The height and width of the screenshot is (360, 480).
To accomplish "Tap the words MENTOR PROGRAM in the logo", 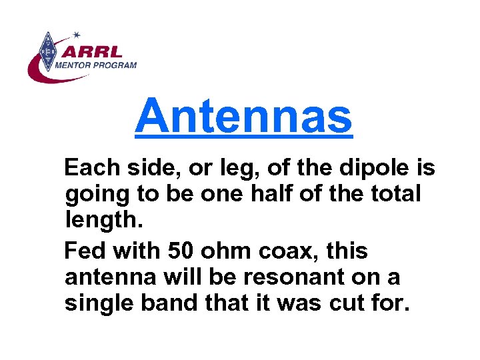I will (x=95, y=65).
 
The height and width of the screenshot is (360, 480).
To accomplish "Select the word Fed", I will (x=84, y=251).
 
